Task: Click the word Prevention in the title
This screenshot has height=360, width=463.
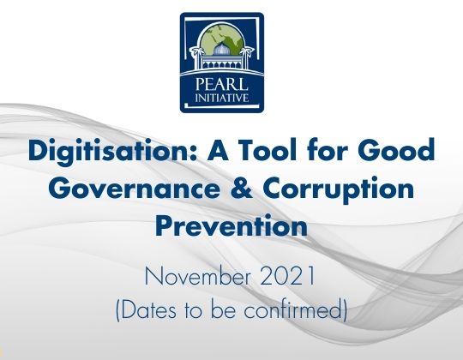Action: (231, 226)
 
